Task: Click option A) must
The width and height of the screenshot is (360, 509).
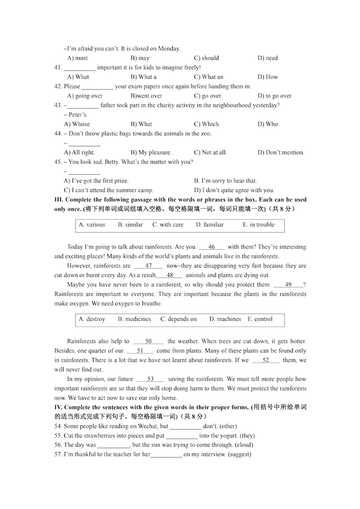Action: pyautogui.click(x=77, y=58)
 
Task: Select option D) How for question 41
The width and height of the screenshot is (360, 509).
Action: pyautogui.click(x=268, y=77)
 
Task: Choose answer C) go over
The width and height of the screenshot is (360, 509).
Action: pyautogui.click(x=208, y=96)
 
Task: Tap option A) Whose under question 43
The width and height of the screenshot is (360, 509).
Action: pyautogui.click(x=77, y=124)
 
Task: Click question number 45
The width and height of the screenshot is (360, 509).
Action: pyautogui.click(x=58, y=162)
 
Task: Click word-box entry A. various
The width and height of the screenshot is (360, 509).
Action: pyautogui.click(x=92, y=225)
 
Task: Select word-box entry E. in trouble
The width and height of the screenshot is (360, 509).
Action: pyautogui.click(x=258, y=225)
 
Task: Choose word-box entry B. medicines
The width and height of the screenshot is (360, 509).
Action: pyautogui.click(x=134, y=319)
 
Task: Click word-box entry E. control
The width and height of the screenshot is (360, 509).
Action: pyautogui.click(x=260, y=319)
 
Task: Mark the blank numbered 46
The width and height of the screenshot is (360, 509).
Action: pyautogui.click(x=211, y=247)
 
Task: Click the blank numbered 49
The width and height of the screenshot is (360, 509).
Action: pyautogui.click(x=288, y=285)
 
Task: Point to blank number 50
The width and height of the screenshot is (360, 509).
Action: pyautogui.click(x=149, y=341)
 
